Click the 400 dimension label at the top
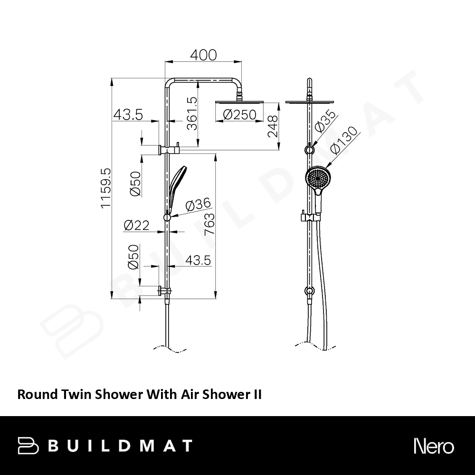tap(203, 55)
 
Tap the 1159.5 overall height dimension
tap(106, 189)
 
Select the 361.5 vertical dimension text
tap(192, 114)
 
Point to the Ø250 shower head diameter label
tap(239, 115)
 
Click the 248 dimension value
tap(273, 126)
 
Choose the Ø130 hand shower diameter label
tap(343, 141)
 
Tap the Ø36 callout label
tap(198, 204)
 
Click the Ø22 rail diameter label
tap(137, 225)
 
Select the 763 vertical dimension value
tap(209, 224)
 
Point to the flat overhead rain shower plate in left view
tap(239, 103)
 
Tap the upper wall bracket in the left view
tap(169, 149)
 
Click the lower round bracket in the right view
tap(309, 291)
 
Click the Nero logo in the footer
tap(434, 446)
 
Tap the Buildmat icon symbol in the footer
tap(28, 446)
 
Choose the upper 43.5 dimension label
tap(128, 115)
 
